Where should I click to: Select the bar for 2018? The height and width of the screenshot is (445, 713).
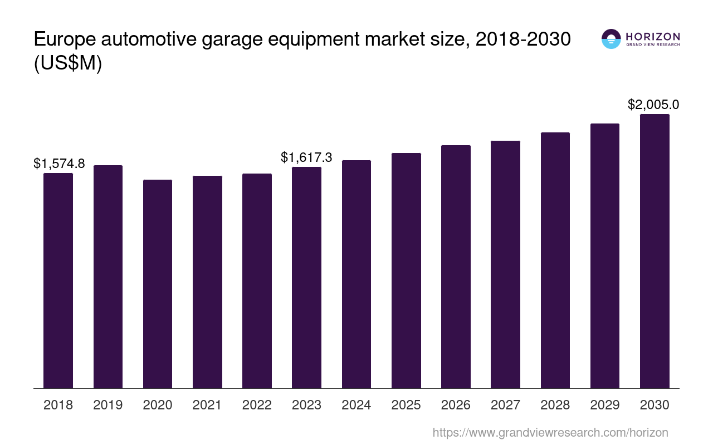pos(58,280)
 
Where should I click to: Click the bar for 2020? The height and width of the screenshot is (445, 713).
pos(158,284)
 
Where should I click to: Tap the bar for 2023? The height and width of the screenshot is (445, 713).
pos(306,278)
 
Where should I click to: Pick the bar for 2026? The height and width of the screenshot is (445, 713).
pos(456,266)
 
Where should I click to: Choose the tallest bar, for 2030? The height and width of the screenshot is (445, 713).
pos(655,251)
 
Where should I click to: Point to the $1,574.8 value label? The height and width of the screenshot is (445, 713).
pos(59,164)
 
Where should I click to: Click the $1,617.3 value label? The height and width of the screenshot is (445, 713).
pos(306,157)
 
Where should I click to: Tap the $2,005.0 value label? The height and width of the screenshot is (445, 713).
pos(653,105)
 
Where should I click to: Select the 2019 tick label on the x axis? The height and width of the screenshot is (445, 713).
pos(108,405)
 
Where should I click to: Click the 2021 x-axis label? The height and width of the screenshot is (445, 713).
pos(207,405)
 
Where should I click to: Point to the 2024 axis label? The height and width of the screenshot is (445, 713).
pos(356,405)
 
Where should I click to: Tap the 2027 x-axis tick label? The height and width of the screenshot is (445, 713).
pos(505,405)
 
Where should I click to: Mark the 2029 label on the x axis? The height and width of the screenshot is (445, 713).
pos(605,405)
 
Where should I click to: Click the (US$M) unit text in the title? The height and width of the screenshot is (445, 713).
pos(68,64)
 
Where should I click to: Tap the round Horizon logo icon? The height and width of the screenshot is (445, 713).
pos(611,39)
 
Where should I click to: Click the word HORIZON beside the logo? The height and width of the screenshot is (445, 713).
pos(653,36)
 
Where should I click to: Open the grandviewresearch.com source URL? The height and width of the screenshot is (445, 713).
pos(550,432)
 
